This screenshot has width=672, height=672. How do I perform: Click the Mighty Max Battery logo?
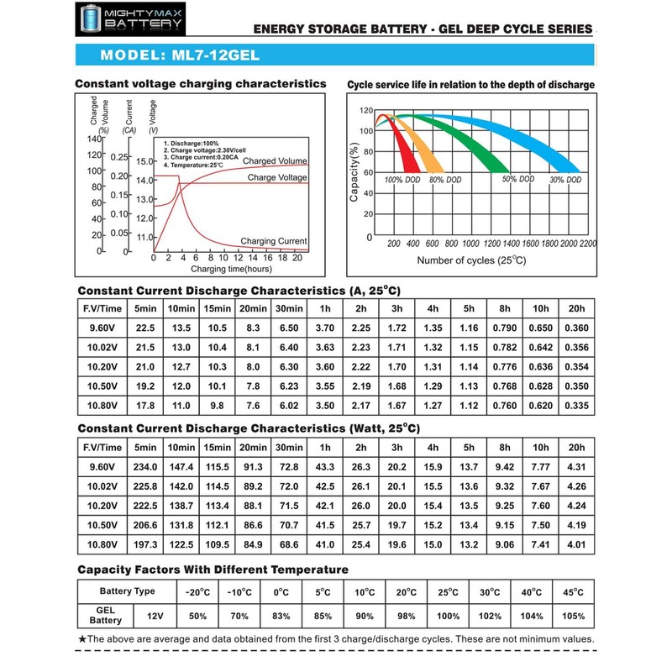pyautogui.click(x=129, y=20)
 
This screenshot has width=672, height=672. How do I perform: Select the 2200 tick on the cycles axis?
pyautogui.click(x=587, y=243)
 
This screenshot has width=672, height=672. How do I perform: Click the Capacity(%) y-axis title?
pyautogui.click(x=354, y=173)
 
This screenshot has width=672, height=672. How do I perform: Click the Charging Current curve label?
pyautogui.click(x=274, y=241)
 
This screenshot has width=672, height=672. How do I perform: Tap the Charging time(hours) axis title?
pyautogui.click(x=230, y=269)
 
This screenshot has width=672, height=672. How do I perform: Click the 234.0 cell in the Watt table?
pyautogui.click(x=145, y=465)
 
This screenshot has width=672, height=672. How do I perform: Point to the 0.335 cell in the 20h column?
pyautogui.click(x=577, y=406)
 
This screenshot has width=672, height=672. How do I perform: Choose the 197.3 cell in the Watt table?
pyautogui.click(x=145, y=545)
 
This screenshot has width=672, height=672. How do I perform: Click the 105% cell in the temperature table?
pyautogui.click(x=574, y=617)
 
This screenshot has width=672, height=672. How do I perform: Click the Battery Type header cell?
pyautogui.click(x=127, y=591)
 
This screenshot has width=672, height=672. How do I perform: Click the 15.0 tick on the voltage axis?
pyautogui.click(x=145, y=160)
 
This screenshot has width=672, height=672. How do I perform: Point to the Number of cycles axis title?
pyautogui.click(x=471, y=260)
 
